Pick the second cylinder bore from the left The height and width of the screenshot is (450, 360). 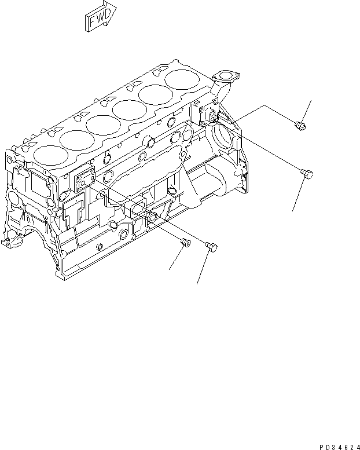click(75, 140)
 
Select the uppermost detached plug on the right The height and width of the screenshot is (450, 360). click(299, 124)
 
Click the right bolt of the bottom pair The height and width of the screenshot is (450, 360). click(211, 247)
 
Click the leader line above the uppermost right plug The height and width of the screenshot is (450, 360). click(306, 110)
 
